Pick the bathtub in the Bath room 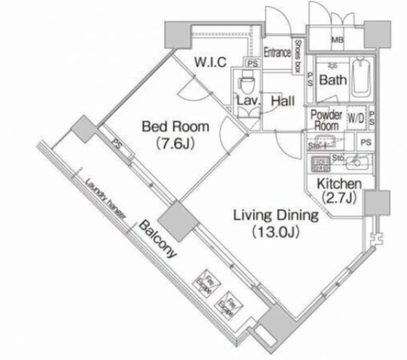362,80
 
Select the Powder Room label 327,120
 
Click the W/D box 357,119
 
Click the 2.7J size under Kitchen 340,198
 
